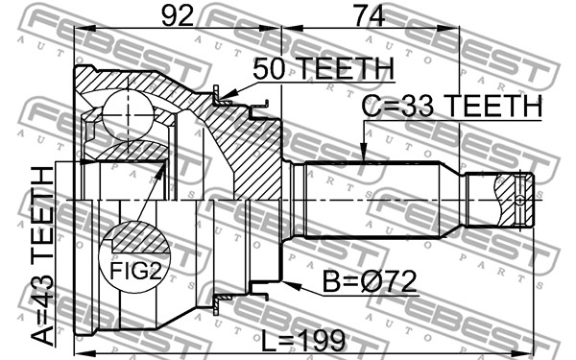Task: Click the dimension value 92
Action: click(x=178, y=15)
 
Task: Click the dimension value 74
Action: click(x=369, y=15)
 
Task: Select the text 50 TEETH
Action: click(x=324, y=69)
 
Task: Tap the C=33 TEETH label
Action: click(x=452, y=106)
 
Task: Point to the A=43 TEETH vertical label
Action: click(x=43, y=255)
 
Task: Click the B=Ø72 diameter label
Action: click(x=370, y=281)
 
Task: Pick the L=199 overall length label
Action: click(x=303, y=340)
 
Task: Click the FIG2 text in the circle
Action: click(x=135, y=271)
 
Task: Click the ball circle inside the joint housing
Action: click(x=128, y=115)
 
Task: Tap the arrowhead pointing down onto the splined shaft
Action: click(x=363, y=152)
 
